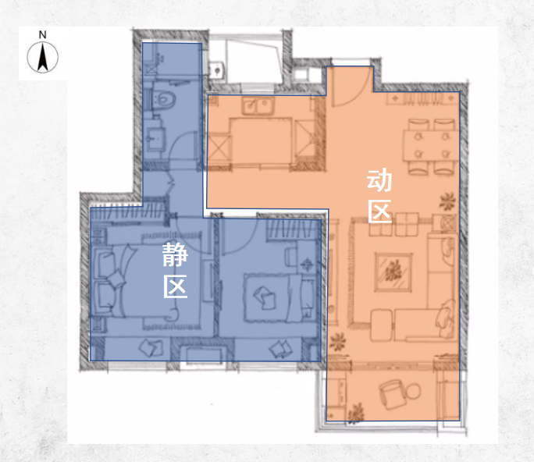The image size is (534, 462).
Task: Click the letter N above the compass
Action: click(x=43, y=34)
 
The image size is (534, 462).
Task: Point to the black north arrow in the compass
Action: click(x=43, y=57)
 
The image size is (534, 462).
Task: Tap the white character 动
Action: click(x=379, y=180)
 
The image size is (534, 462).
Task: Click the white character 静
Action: click(x=175, y=254)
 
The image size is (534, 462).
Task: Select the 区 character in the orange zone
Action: click(x=379, y=211)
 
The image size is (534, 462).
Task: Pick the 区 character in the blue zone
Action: click(x=176, y=286)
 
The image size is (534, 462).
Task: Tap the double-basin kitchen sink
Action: click(x=258, y=105)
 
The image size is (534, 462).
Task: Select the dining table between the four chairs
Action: click(x=432, y=146)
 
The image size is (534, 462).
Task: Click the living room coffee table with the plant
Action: click(x=393, y=272)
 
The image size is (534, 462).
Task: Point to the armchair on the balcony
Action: click(x=393, y=395)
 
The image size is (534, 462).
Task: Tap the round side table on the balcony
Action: click(x=414, y=391)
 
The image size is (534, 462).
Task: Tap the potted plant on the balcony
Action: click(x=356, y=414)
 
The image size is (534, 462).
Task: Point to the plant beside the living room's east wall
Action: click(x=447, y=201)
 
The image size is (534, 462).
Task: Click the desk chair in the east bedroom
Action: click(x=291, y=257)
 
